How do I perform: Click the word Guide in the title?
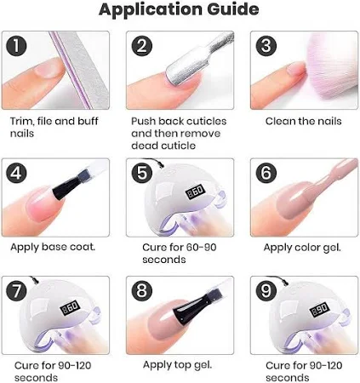233,9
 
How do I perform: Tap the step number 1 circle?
16,46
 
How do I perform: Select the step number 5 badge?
142,173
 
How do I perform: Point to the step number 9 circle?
266,290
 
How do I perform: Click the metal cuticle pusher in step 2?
196,61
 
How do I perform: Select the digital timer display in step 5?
195,191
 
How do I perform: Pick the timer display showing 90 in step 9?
320,310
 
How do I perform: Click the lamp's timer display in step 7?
70,308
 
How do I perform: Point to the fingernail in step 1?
49,68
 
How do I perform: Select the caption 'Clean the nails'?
303,122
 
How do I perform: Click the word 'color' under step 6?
306,248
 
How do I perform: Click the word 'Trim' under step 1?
22,122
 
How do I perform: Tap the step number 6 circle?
266,173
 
